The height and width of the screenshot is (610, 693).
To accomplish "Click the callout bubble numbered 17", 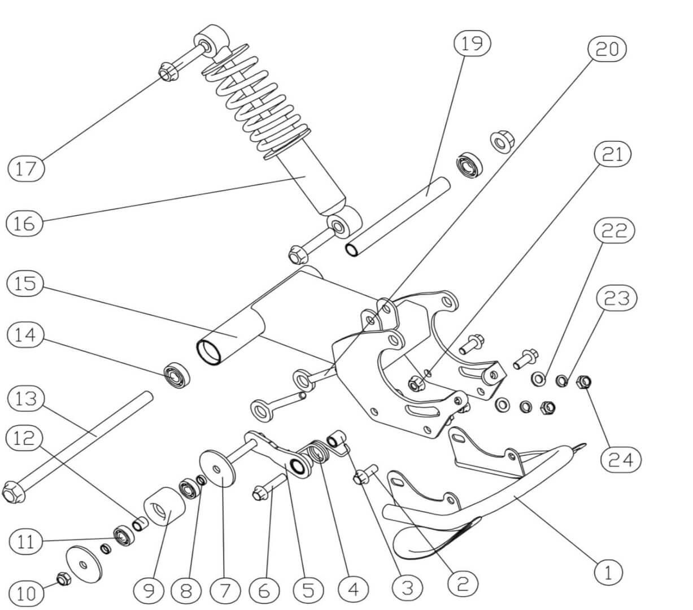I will point(26,168).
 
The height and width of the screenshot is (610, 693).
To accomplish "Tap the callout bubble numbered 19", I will point(472,43).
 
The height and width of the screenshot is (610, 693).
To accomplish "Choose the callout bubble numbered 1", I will point(608,573).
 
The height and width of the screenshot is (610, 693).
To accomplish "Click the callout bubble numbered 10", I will point(27,593).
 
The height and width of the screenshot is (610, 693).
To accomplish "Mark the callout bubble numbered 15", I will point(25,284).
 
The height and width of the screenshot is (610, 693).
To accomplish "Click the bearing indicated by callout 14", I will point(176,376).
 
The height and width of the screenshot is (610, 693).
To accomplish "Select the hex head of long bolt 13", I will point(13,493).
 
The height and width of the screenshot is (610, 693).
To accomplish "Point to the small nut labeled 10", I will point(63,578).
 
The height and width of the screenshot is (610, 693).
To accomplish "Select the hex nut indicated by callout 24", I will point(582,383).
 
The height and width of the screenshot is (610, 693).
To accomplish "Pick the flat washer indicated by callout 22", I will point(538,378).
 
